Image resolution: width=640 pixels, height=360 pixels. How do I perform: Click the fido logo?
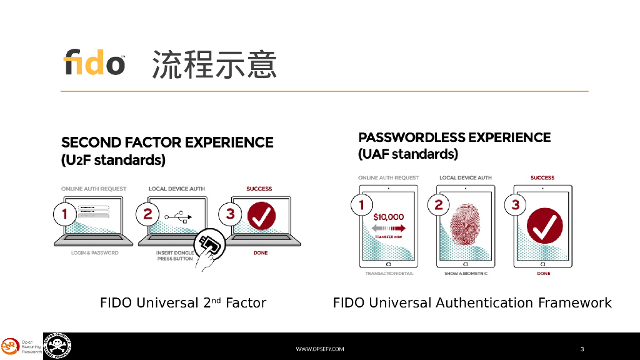[94, 62]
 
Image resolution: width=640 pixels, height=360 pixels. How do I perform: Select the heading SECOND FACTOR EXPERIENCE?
[167, 142]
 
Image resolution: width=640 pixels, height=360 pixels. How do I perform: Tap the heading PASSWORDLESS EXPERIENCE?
[454, 137]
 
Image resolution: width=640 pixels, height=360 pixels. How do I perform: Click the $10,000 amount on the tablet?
[388, 217]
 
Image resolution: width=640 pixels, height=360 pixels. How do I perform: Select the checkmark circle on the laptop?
[261, 216]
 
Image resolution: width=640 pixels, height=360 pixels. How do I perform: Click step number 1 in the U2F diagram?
[64, 214]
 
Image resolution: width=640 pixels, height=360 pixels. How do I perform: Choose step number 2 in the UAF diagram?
[439, 204]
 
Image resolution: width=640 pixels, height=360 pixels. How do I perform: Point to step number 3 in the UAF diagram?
[516, 204]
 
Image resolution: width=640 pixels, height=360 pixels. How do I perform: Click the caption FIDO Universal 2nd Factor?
[183, 303]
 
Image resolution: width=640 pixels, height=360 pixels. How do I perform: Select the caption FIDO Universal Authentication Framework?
[472, 303]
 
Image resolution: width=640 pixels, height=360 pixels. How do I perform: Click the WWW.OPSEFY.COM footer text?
[319, 349]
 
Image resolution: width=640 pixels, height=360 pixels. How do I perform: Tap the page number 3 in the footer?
[582, 349]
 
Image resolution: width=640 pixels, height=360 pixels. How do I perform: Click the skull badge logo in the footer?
[57, 346]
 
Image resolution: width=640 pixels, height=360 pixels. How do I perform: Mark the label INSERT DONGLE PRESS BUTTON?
[174, 256]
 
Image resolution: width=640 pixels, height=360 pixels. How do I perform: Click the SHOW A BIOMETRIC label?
[466, 274]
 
